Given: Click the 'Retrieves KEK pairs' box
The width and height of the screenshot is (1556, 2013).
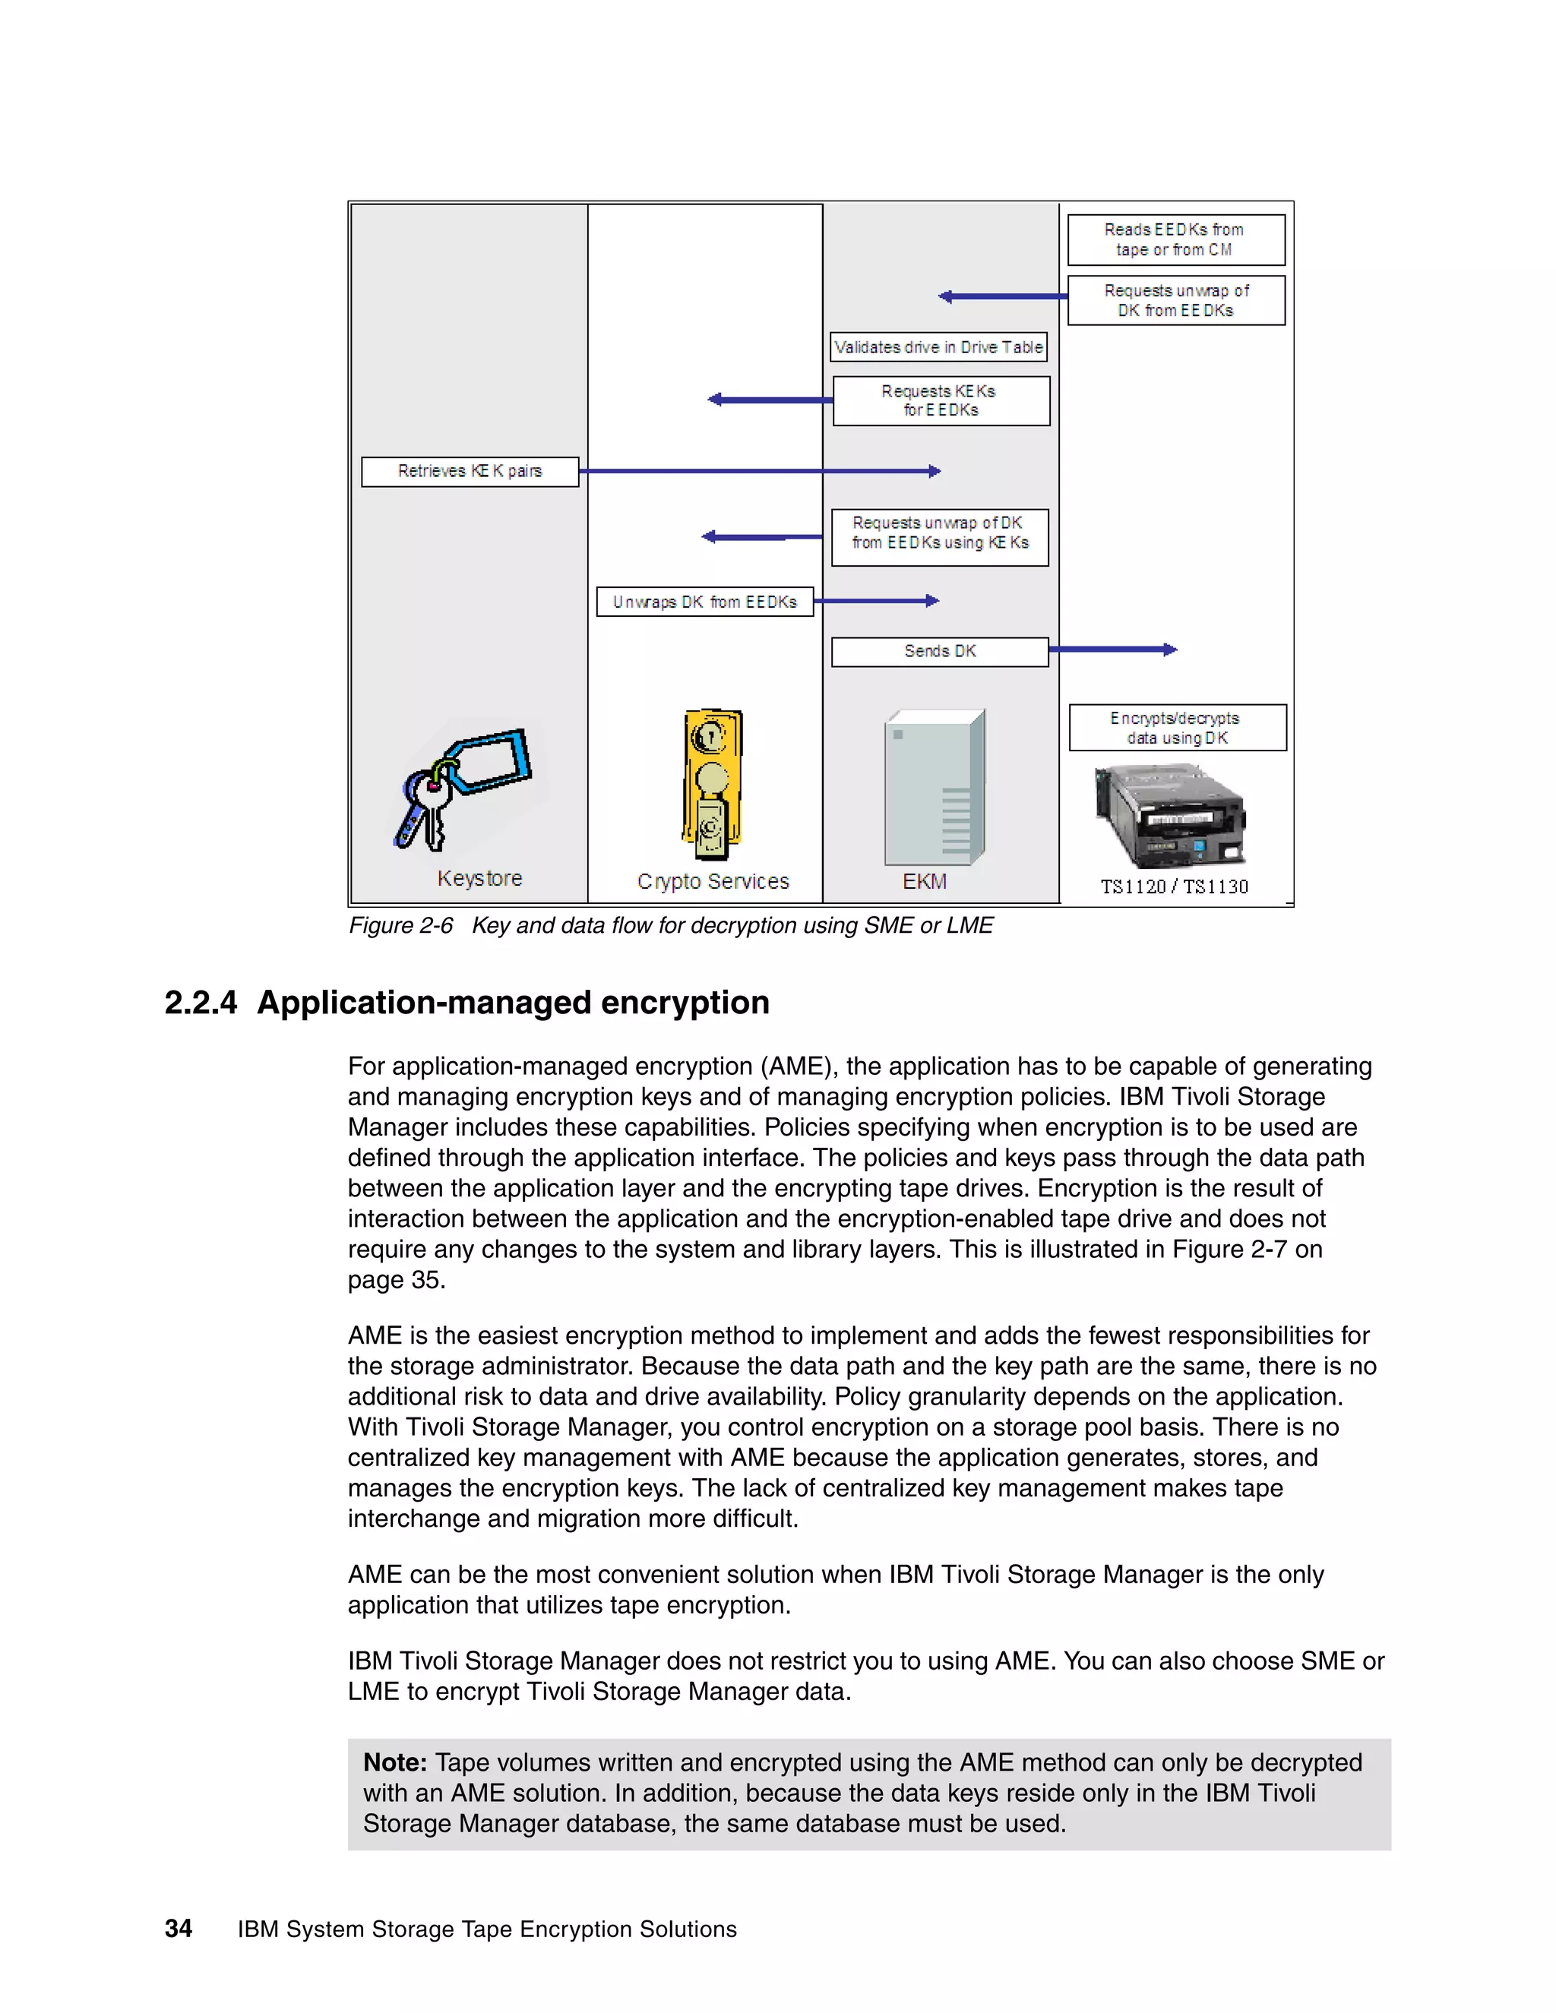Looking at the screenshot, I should (470, 471).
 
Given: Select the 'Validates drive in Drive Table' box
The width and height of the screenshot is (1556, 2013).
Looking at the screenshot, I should (938, 347).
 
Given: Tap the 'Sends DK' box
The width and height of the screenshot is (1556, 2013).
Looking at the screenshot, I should (939, 652).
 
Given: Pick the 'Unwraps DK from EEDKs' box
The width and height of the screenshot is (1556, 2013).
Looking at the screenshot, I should (704, 602).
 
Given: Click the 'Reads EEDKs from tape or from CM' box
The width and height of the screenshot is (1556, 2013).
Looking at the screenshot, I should (1175, 239).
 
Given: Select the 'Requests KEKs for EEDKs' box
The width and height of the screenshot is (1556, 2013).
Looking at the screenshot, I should (941, 401).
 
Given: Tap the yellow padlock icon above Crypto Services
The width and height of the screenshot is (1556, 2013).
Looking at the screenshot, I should (712, 785).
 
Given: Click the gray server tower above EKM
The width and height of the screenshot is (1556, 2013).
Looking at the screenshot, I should (934, 788).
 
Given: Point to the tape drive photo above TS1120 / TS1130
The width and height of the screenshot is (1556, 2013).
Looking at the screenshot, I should (1169, 817).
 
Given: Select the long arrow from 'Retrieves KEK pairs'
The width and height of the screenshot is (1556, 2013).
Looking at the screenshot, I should (760, 471).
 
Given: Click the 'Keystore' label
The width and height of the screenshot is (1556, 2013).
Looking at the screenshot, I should (479, 878).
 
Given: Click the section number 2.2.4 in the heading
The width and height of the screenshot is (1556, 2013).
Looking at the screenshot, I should (200, 1003).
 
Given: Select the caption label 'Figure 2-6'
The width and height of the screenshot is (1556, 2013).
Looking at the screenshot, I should (400, 925).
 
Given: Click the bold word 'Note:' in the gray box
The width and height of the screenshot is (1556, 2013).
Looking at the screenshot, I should (394, 1762).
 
